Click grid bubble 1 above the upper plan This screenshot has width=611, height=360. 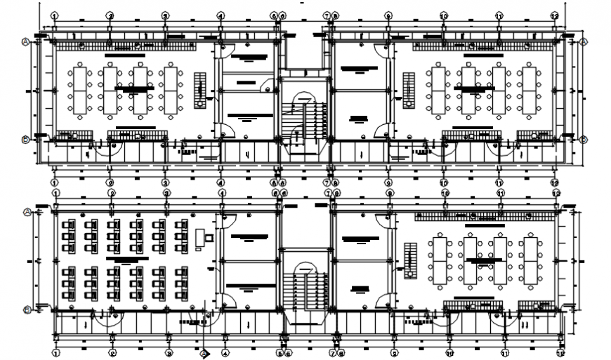coord(55,15)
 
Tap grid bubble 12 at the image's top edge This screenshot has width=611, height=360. coord(554,15)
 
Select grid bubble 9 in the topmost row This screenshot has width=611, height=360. coord(388,15)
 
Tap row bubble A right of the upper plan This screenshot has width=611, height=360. coord(583,42)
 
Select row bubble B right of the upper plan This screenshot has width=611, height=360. coord(583,140)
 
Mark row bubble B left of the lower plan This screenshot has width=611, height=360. coord(27,309)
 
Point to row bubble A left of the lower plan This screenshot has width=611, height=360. coord(27,211)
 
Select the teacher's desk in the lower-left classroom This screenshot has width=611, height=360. coord(200,237)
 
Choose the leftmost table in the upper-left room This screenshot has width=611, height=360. coord(79,90)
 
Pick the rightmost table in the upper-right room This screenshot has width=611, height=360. coord(528,90)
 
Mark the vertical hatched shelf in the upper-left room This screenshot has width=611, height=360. coord(200,88)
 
